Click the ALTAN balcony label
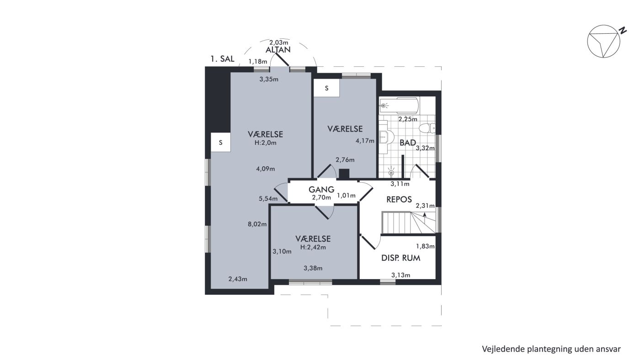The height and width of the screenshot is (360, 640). click(x=278, y=50)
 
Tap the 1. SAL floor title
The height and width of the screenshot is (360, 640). click(x=222, y=59)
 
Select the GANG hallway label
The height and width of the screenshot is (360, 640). click(x=321, y=189)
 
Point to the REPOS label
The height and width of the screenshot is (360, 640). click(x=399, y=199)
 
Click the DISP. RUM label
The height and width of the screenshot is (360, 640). click(x=400, y=258)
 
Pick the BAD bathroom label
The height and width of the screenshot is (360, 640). click(x=407, y=143)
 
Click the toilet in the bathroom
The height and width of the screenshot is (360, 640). click(x=427, y=128)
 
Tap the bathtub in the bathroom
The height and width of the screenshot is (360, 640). click(x=399, y=106)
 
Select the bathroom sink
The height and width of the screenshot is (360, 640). click(x=386, y=137)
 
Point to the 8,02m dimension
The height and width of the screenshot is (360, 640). click(x=257, y=224)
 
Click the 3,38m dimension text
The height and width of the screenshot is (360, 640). click(x=313, y=268)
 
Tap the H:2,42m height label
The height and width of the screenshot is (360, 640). click(x=313, y=247)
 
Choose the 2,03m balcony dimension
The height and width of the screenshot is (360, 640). click(x=279, y=42)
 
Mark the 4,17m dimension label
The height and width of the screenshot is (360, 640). click(x=365, y=141)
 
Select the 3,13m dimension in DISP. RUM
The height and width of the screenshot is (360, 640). click(x=400, y=275)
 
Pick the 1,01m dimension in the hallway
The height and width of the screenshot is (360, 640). click(x=347, y=196)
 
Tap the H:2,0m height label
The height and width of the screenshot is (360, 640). click(x=266, y=143)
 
